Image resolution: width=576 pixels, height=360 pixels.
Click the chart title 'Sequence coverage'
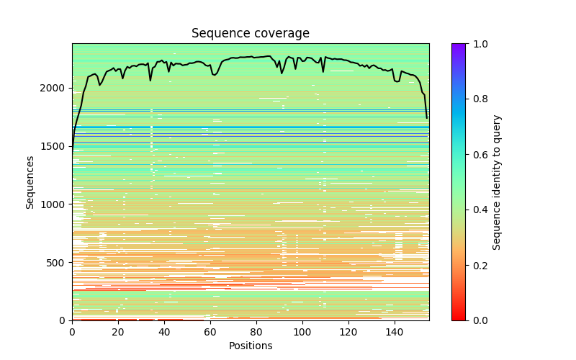[x=251, y=33]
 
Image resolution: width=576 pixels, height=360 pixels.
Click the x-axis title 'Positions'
[x=251, y=346]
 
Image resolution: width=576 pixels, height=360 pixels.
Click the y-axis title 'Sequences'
[x=30, y=181]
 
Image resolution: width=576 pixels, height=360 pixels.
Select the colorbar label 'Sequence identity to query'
[x=497, y=181]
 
